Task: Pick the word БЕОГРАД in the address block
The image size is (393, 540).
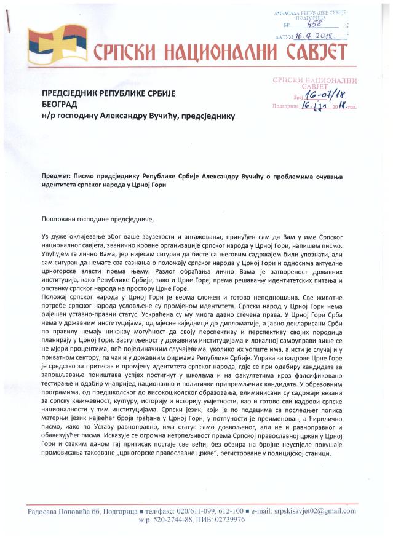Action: [x=61, y=105]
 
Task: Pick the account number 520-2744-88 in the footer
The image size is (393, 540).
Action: [x=165, y=520]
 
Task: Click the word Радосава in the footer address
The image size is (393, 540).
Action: [x=46, y=512]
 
